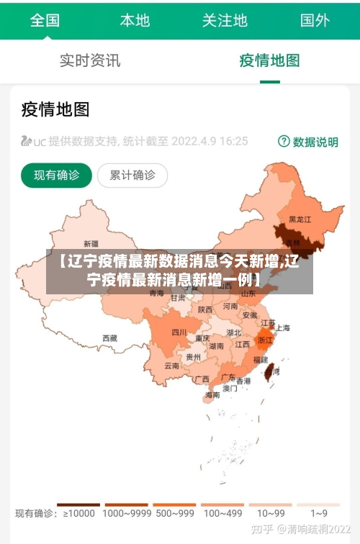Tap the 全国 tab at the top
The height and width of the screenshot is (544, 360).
[45, 19]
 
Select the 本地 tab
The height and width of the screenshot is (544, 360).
[135, 19]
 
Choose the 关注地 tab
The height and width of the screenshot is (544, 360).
[225, 19]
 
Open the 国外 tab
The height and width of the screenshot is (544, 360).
[315, 19]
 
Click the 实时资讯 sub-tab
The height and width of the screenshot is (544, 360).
[90, 60]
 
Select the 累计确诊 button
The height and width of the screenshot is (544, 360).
[132, 175]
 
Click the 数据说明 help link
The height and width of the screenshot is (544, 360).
[308, 142]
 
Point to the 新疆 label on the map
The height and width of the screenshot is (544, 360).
[91, 243]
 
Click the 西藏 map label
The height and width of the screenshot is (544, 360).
[109, 337]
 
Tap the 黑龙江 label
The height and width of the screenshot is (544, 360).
[300, 219]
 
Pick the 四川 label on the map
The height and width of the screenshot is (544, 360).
[179, 332]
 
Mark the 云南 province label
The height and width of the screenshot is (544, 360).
[171, 366]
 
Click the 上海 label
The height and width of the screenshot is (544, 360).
[283, 328]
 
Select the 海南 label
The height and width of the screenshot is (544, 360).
[212, 395]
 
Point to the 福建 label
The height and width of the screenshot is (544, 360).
[261, 359]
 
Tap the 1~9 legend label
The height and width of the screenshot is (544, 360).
[319, 514]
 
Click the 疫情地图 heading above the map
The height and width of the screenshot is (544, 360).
[55, 109]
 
